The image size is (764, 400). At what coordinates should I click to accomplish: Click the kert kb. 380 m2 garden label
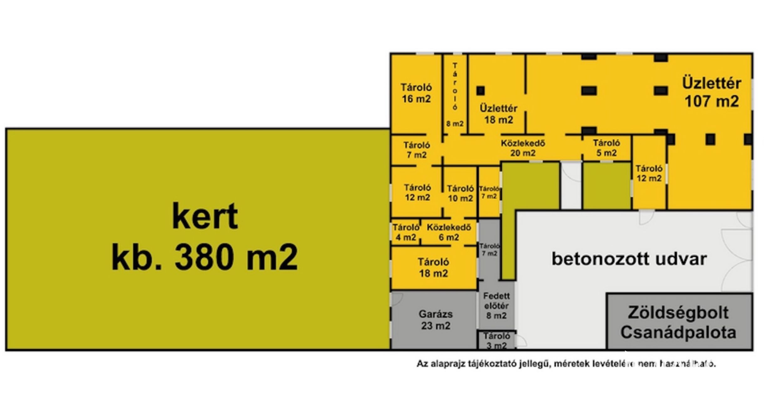coord(205,237)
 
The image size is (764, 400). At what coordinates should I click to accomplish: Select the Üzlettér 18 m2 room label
coord(498,114)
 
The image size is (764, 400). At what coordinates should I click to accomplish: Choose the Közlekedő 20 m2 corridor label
coord(523,148)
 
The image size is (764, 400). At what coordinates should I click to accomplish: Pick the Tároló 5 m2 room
coord(606,148)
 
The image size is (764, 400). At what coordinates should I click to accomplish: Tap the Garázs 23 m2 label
coord(435,320)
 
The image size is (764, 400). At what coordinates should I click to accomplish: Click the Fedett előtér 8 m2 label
coord(496,306)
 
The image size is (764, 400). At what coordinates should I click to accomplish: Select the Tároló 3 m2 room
coord(497,341)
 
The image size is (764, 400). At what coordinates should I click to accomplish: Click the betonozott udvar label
coord(629,259)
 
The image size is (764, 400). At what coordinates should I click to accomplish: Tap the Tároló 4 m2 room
coord(406,232)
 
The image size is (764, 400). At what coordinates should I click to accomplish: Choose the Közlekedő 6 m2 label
coord(449,232)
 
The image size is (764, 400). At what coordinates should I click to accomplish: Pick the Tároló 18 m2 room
coord(433,268)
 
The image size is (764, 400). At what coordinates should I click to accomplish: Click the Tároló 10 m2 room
coord(460,193)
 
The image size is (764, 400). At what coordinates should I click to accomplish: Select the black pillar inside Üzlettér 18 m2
coord(481,91)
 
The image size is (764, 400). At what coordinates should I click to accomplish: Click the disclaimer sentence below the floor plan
coord(566,364)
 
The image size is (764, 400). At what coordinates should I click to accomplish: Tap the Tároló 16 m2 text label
coord(416,93)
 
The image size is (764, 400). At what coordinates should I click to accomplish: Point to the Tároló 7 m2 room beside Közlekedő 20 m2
coord(416,150)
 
